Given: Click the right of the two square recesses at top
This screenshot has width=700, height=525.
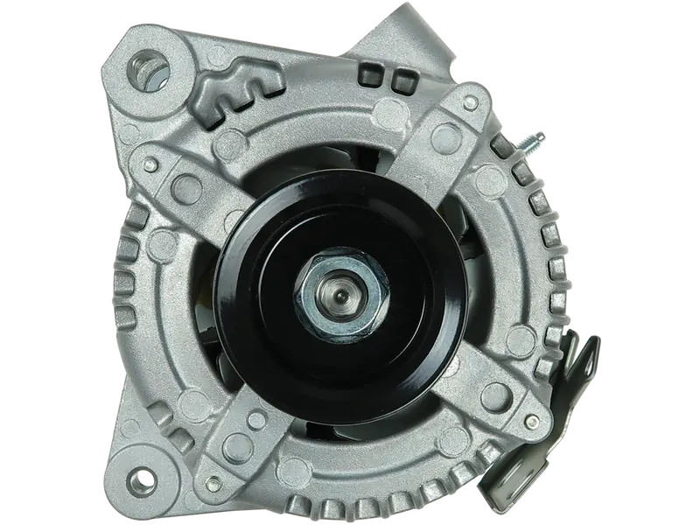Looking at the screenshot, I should [402, 81].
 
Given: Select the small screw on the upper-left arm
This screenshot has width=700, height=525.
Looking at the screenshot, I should [152, 164].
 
